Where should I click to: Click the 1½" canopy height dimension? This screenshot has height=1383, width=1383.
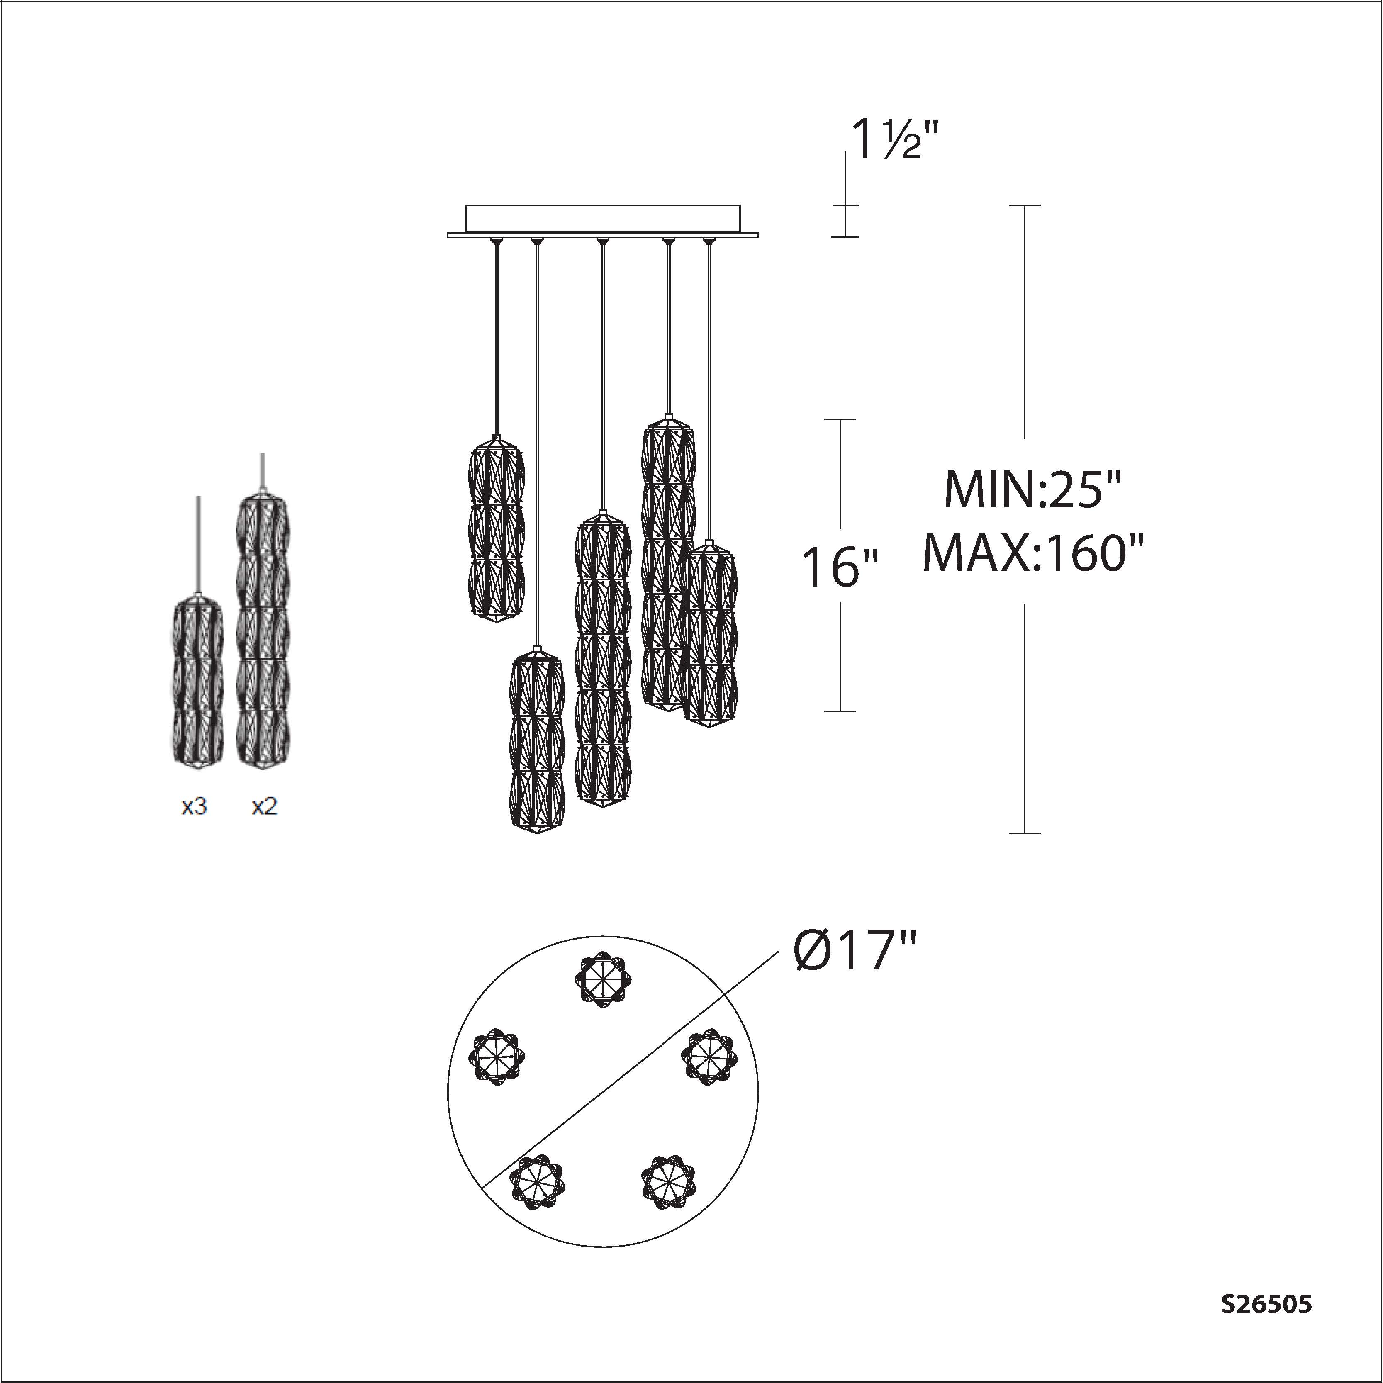[x=891, y=140]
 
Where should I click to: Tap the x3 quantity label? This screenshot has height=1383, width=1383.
[x=194, y=807]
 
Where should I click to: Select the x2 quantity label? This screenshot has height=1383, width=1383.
[x=264, y=807]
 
